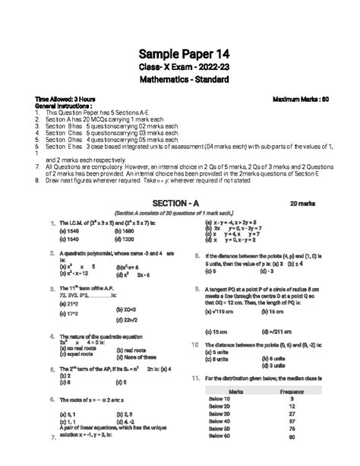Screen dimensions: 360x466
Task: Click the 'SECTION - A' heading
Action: coord(175,204)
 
